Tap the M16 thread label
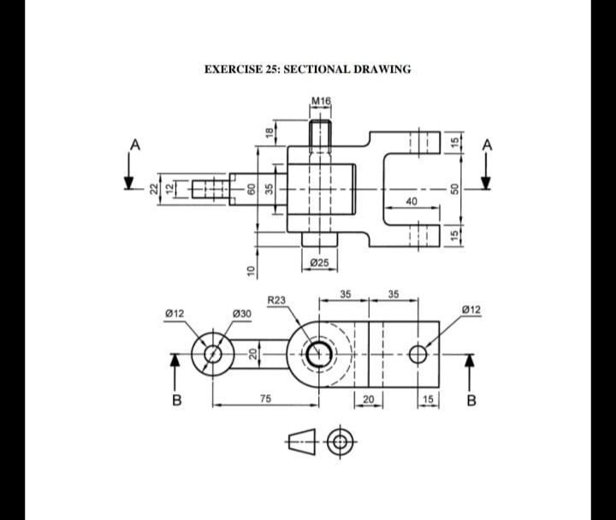click(x=321, y=102)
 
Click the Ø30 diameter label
click(x=242, y=314)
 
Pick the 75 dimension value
click(x=265, y=398)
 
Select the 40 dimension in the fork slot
click(x=412, y=201)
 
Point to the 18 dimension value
click(x=269, y=131)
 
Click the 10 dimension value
click(x=251, y=270)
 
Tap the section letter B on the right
click(x=470, y=399)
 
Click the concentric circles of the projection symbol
click(x=341, y=441)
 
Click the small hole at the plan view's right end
click(x=418, y=353)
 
